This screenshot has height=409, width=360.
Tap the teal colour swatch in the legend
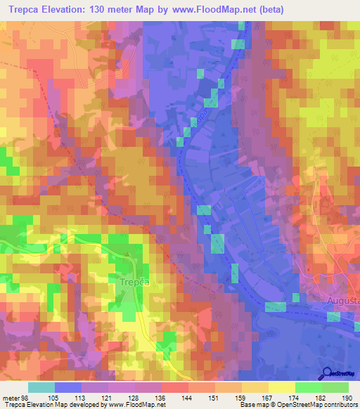[41, 387]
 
